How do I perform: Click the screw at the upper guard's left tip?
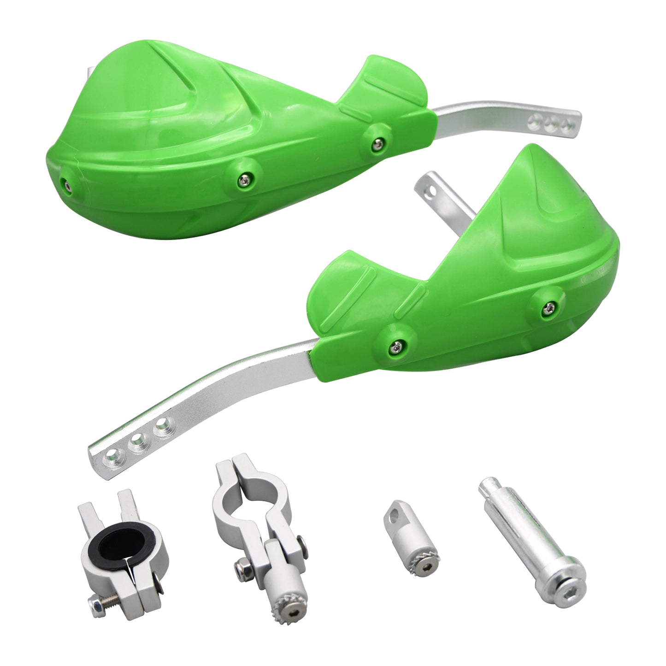tap(68, 185)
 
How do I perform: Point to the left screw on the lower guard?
tap(396, 344)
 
